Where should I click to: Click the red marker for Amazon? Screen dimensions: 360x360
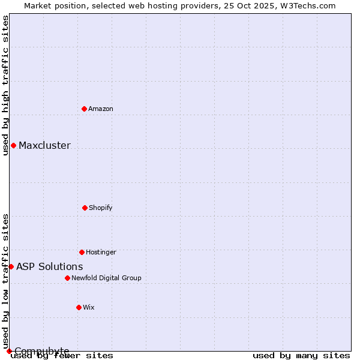[x=85, y=109]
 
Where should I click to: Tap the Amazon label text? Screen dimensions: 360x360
[x=101, y=109]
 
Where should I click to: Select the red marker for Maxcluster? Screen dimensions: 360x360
[x=13, y=145]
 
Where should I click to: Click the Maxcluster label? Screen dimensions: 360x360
[x=44, y=145]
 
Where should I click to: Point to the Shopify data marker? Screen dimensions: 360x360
[x=85, y=208]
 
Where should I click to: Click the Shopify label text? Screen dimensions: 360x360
[x=101, y=208]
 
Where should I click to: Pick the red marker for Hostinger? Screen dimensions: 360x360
[x=82, y=252]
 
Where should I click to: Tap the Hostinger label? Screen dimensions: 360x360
[x=101, y=252]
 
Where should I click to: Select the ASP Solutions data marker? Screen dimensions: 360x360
[x=11, y=266]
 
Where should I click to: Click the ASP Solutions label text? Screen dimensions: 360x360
[x=50, y=266]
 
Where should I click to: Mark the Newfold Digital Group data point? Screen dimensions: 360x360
[x=67, y=278]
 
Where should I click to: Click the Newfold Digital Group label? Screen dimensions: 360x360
[x=106, y=278]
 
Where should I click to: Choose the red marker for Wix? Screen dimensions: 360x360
[x=79, y=307]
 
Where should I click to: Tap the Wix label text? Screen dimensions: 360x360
[x=89, y=307]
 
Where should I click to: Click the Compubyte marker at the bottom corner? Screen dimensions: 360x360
[x=9, y=351]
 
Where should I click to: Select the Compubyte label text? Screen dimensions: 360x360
[x=42, y=351]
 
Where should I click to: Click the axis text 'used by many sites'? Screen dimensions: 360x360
[x=301, y=355]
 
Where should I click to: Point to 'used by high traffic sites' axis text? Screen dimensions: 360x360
[x=5, y=85]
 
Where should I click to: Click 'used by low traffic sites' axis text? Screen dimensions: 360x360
[x=5, y=281]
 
